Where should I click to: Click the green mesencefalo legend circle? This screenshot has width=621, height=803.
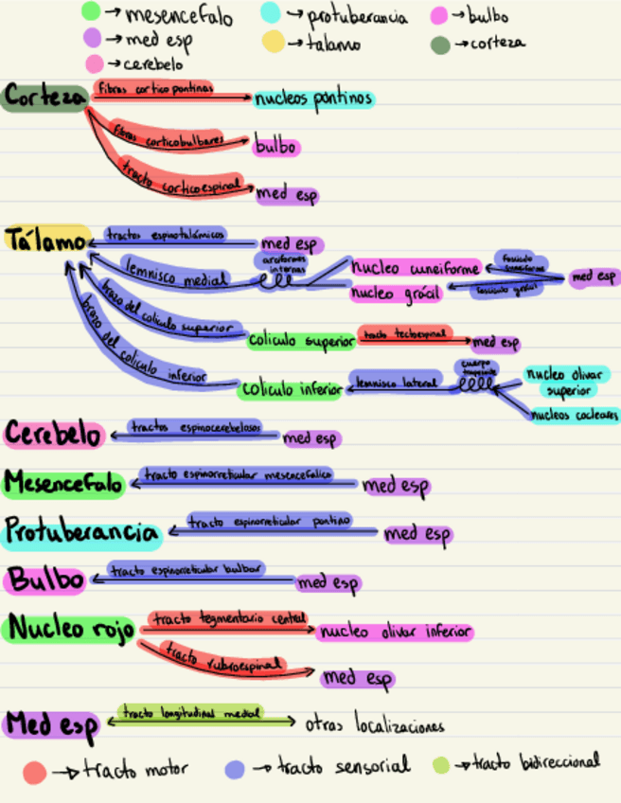point(91,11)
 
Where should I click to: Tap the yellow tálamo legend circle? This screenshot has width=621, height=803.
point(273,42)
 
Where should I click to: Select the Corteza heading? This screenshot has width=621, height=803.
point(43,98)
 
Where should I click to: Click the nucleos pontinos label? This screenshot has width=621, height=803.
point(312,98)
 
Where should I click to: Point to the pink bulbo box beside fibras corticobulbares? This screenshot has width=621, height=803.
point(275,148)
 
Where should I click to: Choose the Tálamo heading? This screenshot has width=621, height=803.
point(45,241)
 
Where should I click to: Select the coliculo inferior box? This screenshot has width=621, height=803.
point(291,389)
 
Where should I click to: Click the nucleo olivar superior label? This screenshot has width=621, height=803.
point(567,382)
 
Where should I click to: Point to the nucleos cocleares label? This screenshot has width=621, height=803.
point(575,415)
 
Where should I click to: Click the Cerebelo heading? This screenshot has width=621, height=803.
point(53,435)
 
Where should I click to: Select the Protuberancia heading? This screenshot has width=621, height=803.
point(80,532)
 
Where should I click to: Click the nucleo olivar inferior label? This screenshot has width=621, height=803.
point(395,632)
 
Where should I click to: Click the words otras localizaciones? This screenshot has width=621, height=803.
point(374,726)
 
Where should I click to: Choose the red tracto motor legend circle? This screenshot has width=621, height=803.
point(34,772)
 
